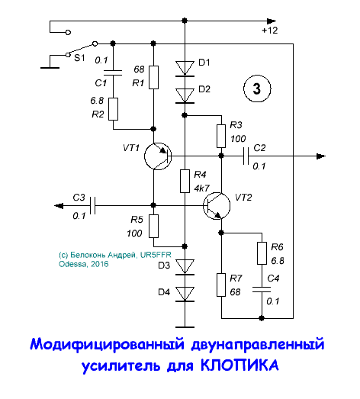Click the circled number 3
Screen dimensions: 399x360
[257, 89]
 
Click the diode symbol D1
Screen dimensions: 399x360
[184, 68]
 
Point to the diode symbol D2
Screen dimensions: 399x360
[184, 95]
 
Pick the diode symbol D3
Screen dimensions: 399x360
[184, 265]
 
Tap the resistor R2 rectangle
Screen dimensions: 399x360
[114, 109]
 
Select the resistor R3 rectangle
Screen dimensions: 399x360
[220, 135]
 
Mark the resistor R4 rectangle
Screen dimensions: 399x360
[184, 181]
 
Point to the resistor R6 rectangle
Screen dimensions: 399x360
[262, 253]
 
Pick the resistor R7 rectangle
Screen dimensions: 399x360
[220, 285]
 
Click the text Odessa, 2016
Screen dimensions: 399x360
[83, 265]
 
